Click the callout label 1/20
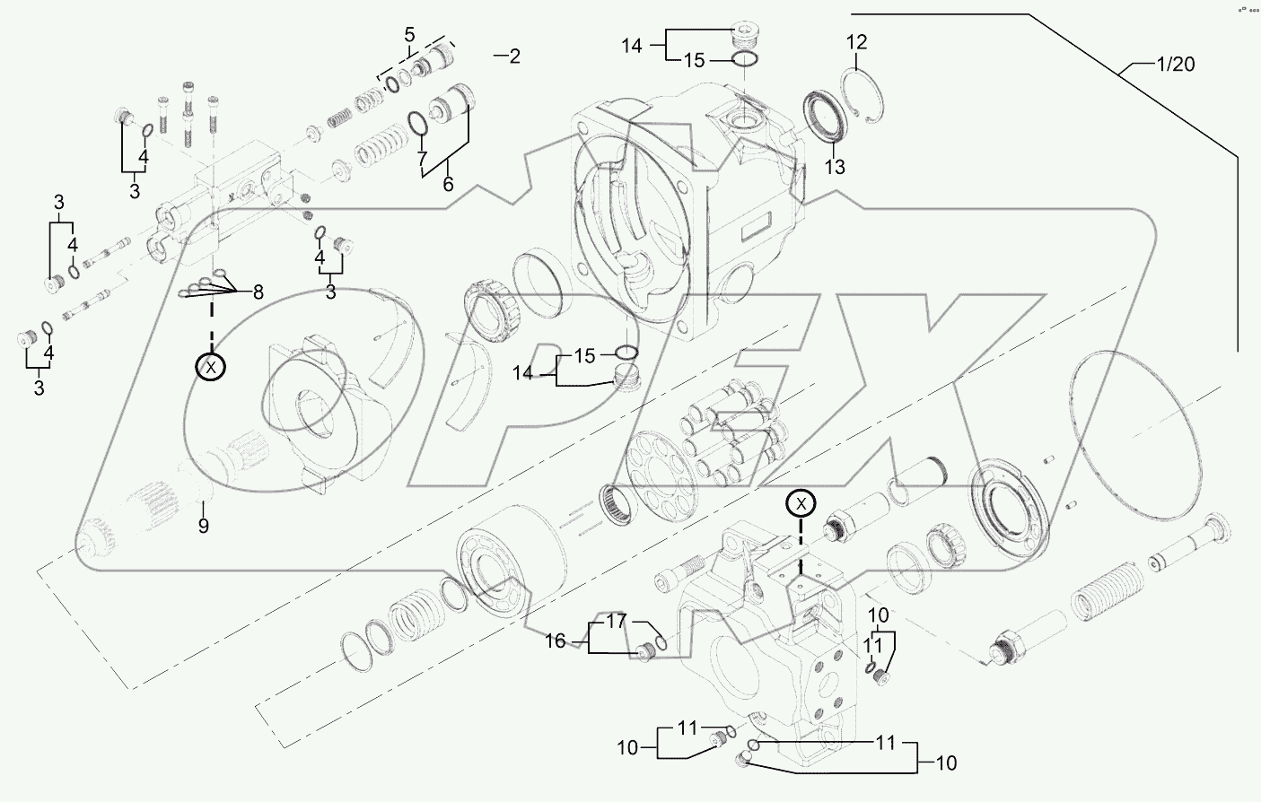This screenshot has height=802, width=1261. (x=1175, y=65)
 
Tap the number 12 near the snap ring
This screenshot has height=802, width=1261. (x=856, y=41)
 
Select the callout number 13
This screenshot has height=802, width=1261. (x=835, y=167)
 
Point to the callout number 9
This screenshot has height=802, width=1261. (x=204, y=527)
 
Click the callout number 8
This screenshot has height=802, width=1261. (x=258, y=292)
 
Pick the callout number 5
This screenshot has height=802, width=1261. (x=409, y=36)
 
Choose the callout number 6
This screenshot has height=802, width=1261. (x=448, y=185)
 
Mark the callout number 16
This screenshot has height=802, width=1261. (x=556, y=641)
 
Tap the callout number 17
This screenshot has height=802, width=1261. (x=616, y=620)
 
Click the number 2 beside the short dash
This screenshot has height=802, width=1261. (x=513, y=57)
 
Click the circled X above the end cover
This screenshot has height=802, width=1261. (x=801, y=504)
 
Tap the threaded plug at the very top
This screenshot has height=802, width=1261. (x=745, y=37)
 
